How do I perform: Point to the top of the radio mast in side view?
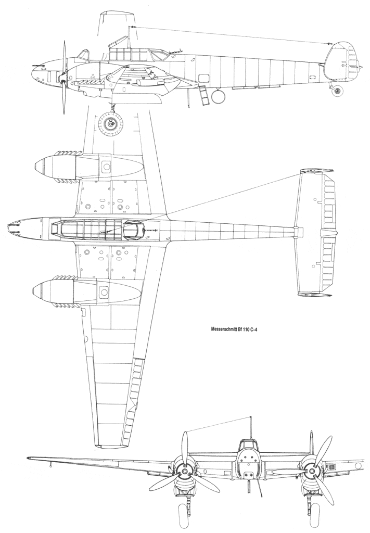130,27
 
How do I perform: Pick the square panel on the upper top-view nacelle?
106,167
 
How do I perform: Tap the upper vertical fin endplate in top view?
316,171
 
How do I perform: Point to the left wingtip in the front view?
28,458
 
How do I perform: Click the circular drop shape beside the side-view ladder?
218,96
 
